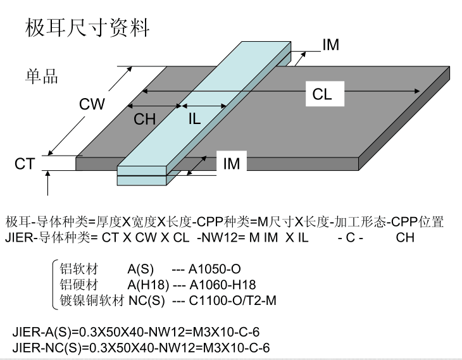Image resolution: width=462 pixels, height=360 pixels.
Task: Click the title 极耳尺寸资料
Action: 87,28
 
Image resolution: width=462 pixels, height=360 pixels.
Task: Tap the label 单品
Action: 42,77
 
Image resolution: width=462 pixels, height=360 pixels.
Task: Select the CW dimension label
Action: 92,104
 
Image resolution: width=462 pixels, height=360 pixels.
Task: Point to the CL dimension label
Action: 322,95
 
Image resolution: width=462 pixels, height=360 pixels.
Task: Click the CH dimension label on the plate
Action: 144,118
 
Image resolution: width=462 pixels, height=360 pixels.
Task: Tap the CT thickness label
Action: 24,164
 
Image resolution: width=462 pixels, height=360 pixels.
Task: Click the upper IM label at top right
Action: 330,45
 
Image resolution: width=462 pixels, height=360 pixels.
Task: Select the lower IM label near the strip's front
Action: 232,164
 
